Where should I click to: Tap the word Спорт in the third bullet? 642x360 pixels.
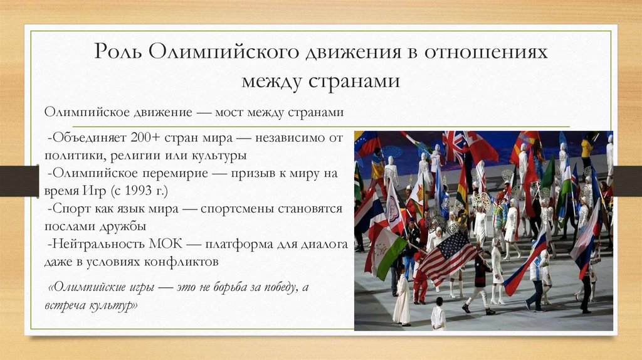coord(69,208)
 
